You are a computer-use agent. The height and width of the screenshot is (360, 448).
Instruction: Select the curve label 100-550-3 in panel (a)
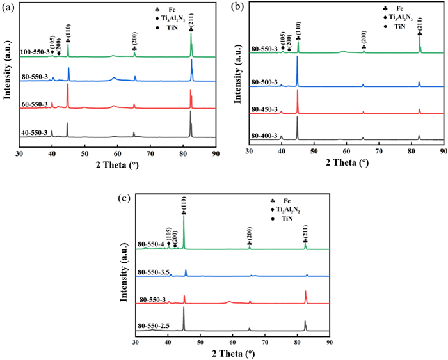(35, 52)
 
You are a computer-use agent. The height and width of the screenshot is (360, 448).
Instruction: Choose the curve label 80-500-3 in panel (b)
(266, 81)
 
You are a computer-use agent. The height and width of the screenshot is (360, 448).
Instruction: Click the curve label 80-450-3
(266, 108)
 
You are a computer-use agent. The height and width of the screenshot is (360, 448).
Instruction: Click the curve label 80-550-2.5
(153, 325)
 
